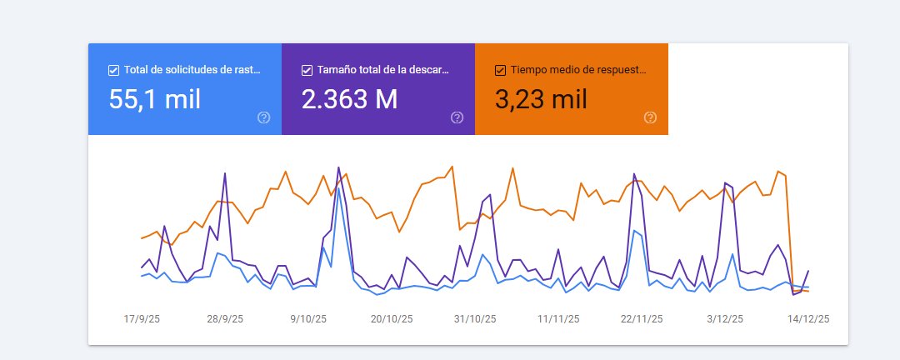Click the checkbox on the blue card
pos(113,70)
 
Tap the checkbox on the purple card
pos(307,70)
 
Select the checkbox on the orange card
pos(500,70)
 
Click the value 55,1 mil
pos(155,99)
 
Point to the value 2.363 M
pos(349,99)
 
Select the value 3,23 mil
pos(541,99)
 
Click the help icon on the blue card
pos(264,117)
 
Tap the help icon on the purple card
pos(457,117)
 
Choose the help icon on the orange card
pos(650,117)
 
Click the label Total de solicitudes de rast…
pos(192,70)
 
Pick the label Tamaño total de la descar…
pos(383,70)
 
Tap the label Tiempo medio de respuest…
pos(577,70)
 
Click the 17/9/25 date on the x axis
pos(142,319)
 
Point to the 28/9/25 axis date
pos(225,319)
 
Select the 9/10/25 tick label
pos(308,319)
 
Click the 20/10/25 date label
pos(392,319)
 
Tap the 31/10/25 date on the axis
pos(475,319)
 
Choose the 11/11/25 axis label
pos(558,319)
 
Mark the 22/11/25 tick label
pos(642,319)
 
